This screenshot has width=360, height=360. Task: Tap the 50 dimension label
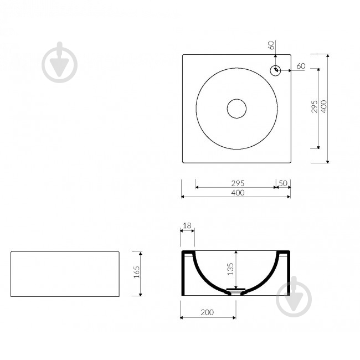(283, 183)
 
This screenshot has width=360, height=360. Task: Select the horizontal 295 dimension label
(238, 183)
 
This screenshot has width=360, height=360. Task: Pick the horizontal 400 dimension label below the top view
(238, 193)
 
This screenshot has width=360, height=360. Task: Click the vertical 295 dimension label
(315, 106)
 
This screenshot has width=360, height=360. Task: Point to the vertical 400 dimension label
(324, 106)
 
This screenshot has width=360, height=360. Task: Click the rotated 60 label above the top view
(271, 45)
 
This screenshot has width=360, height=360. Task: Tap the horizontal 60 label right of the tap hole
(301, 66)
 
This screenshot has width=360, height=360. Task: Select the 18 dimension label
(187, 225)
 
